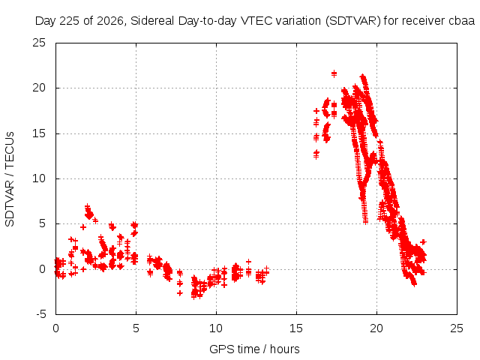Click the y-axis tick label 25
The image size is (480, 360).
tap(39, 43)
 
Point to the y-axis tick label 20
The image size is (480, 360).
tap(39, 88)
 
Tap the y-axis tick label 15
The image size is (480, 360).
tap(39, 133)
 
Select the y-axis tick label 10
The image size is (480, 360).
tap(39, 178)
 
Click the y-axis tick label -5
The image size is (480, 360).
tap(40, 314)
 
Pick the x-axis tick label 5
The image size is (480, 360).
tap(136, 328)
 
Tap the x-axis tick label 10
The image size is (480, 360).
tap(216, 328)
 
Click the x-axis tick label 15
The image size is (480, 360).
tap(296, 328)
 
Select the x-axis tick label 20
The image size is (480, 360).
tap(376, 328)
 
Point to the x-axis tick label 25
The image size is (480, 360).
tap(457, 328)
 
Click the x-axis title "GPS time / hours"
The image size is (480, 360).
tap(254, 349)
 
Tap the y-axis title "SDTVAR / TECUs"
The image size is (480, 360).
tap(10, 179)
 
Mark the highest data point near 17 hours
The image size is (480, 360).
tap(334, 73)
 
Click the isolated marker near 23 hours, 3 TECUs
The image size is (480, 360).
tap(423, 241)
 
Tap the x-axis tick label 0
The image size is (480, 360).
tap(55, 328)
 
